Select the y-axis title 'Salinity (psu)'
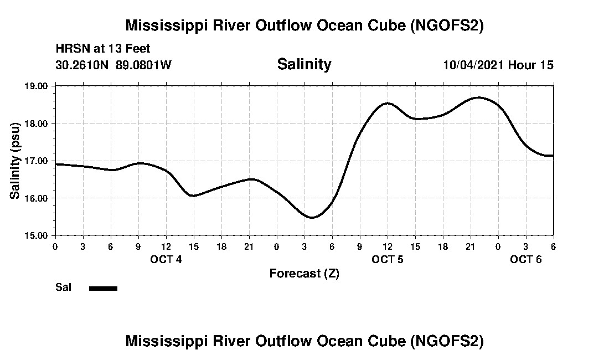[x=15, y=161]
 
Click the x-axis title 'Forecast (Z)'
[x=304, y=273]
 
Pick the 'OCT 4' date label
[x=166, y=259]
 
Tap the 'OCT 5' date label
[x=388, y=259]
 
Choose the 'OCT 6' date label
[x=526, y=259]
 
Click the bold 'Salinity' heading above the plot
[x=304, y=64]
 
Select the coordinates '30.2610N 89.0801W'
[x=113, y=65]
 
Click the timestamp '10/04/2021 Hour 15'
[x=498, y=65]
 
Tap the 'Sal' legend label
[x=63, y=287]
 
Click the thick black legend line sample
[x=103, y=288]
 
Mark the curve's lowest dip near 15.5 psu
[x=312, y=217]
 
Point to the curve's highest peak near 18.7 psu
[x=478, y=97]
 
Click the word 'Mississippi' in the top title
[x=161, y=25]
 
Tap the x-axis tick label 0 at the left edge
[x=55, y=246]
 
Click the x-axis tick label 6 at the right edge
[x=553, y=246]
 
